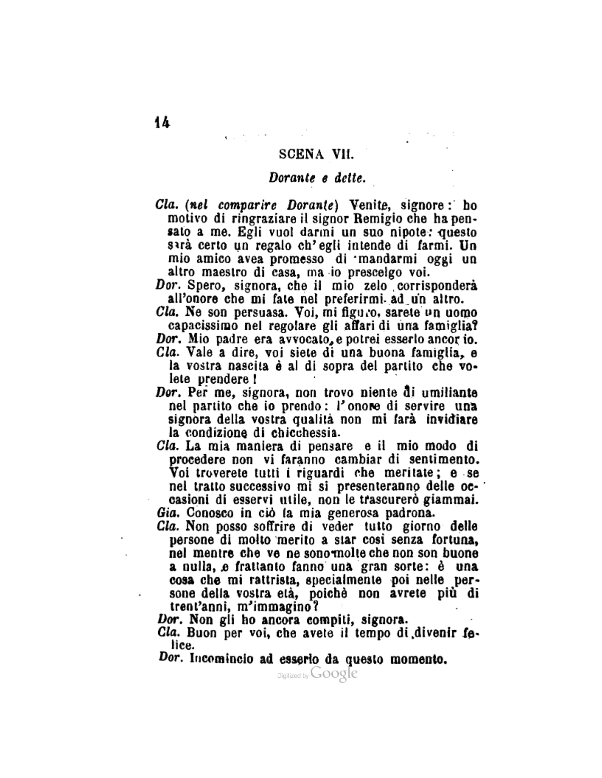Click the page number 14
click(x=163, y=123)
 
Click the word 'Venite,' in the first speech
click(x=368, y=205)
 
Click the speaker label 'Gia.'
click(x=165, y=513)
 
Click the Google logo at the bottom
click(x=333, y=673)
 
